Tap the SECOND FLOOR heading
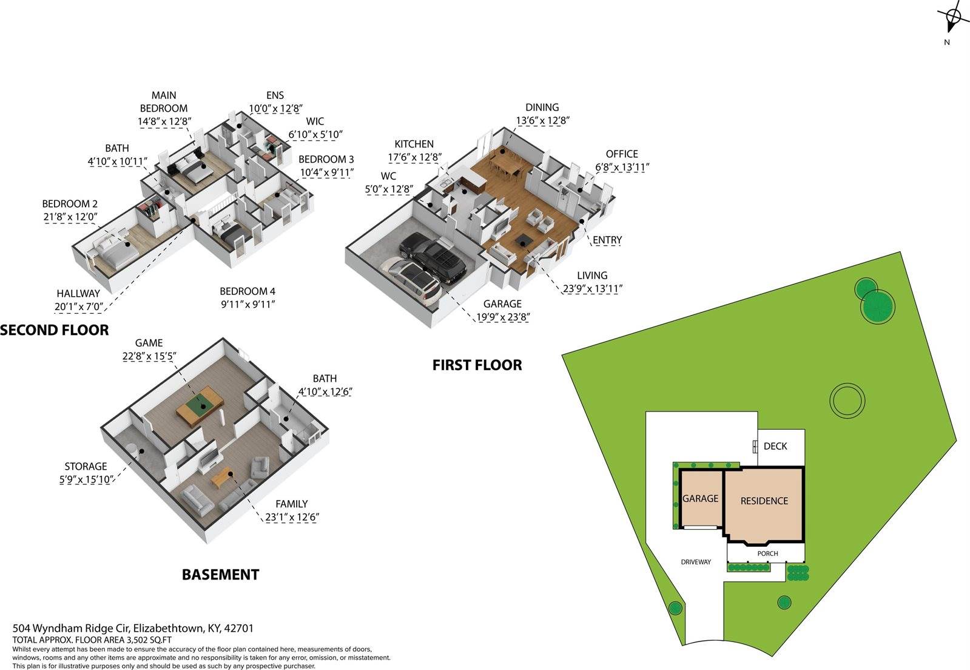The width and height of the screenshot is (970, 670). (x=55, y=330)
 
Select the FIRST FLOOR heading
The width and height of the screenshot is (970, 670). (x=477, y=365)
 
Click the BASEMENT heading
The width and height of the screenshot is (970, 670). (x=220, y=575)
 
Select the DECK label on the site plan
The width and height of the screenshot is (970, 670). (x=775, y=446)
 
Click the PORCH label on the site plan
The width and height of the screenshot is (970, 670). (x=768, y=553)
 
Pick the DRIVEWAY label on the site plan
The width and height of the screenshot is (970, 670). (x=696, y=562)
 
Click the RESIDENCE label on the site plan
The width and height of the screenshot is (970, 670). (x=764, y=501)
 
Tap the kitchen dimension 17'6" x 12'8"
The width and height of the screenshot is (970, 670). (x=414, y=157)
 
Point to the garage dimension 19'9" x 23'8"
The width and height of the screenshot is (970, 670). (x=503, y=317)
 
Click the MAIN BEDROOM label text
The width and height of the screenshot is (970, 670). (x=164, y=102)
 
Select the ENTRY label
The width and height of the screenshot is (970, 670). (x=607, y=240)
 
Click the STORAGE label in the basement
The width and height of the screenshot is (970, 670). (x=86, y=467)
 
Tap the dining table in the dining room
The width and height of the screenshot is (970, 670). (x=505, y=165)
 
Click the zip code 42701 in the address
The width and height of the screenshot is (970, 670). (x=238, y=628)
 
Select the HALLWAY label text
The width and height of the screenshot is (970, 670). (x=78, y=294)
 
